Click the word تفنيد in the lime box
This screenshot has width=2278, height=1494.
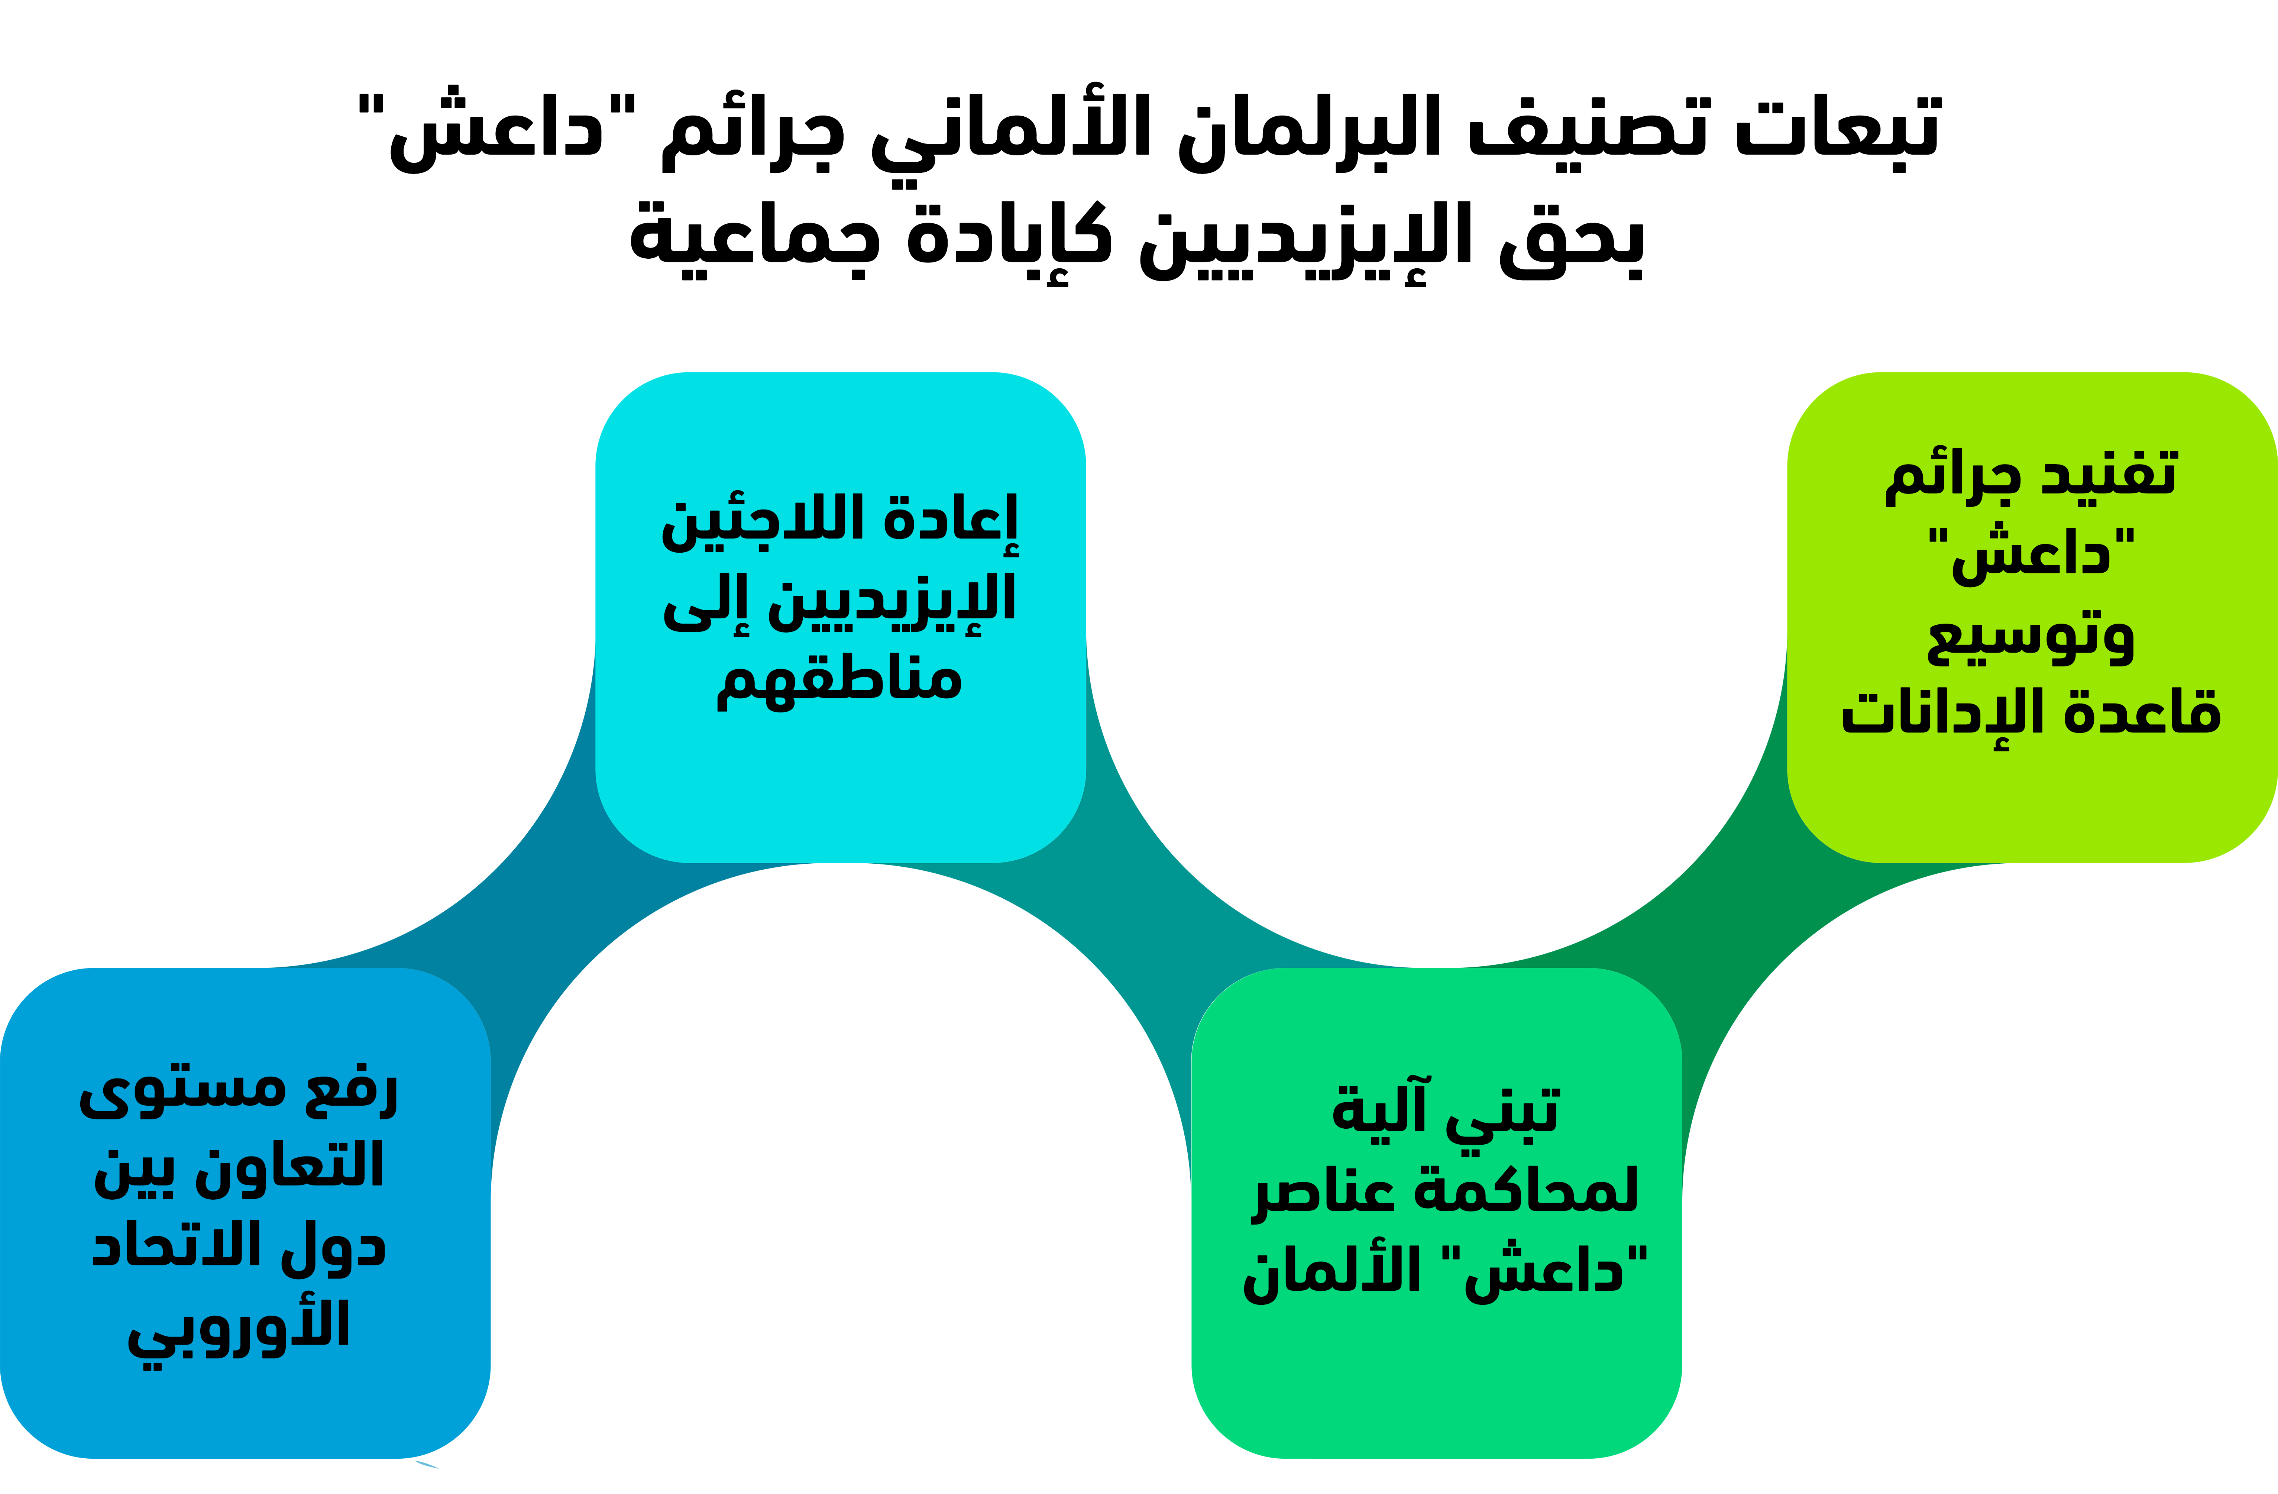(x=2110, y=474)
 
